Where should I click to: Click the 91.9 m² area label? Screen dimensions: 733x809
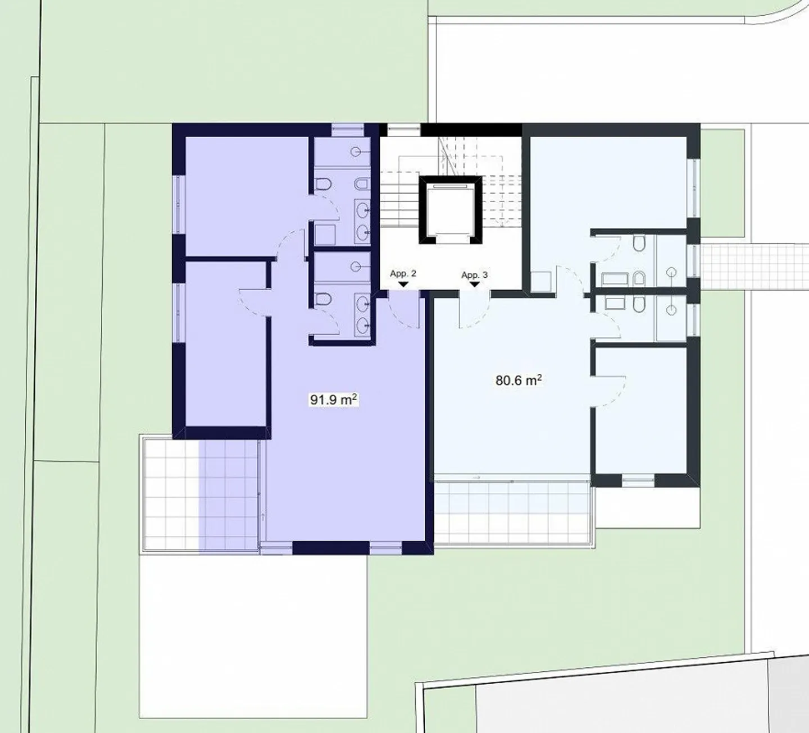[334, 400]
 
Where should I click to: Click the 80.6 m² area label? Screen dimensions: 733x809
[518, 381]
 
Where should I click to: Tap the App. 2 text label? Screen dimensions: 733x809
[403, 274]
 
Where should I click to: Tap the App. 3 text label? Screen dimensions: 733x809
[474, 275]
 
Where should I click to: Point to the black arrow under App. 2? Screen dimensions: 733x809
[403, 285]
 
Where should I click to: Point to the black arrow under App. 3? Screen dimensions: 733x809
[474, 285]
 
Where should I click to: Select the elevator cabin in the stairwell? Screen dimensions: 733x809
[450, 209]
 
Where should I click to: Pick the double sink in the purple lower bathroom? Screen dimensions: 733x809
[362, 313]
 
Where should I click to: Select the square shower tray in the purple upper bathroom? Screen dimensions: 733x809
[325, 234]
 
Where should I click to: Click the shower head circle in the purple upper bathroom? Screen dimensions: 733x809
[356, 152]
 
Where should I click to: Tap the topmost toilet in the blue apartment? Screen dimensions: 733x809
[639, 244]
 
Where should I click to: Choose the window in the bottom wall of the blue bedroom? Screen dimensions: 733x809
[638, 480]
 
